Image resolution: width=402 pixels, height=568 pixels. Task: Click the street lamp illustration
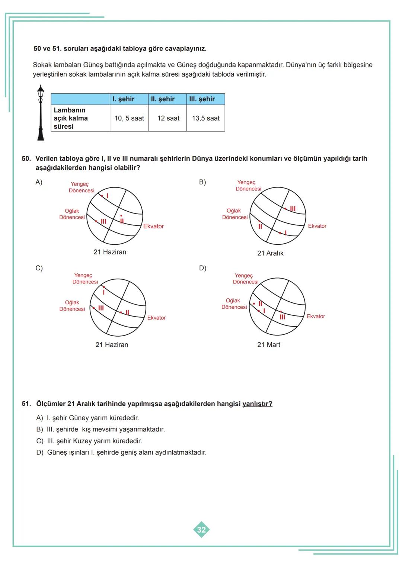[x=41, y=113]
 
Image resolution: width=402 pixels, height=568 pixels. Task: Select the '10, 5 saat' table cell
[x=129, y=118]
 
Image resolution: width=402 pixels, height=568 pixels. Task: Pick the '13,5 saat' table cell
[x=205, y=118]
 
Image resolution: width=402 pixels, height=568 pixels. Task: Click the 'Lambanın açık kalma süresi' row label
[x=71, y=118]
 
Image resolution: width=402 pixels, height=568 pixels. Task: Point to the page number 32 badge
[x=201, y=529]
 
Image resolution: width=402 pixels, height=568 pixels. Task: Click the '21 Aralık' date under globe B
[x=270, y=253]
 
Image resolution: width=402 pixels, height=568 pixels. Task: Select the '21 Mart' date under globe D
[x=269, y=345]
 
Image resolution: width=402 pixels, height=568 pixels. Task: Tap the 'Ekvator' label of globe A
[x=153, y=226]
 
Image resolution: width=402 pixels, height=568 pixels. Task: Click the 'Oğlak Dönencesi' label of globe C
[x=72, y=306]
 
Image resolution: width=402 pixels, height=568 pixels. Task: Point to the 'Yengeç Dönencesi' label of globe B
[x=248, y=186]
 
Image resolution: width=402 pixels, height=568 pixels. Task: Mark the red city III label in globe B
[x=293, y=209]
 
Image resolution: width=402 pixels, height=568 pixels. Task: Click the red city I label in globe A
[x=107, y=196]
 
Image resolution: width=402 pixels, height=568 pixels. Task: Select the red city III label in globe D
[x=282, y=317]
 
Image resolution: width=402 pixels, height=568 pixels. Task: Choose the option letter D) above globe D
[x=202, y=268]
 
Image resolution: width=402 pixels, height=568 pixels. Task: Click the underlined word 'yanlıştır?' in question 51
[x=257, y=404]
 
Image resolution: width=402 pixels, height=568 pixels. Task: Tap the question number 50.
[x=26, y=159]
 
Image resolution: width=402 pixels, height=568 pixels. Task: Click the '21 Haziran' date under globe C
[x=112, y=345]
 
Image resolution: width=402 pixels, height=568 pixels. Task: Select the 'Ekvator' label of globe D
[x=316, y=317]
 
